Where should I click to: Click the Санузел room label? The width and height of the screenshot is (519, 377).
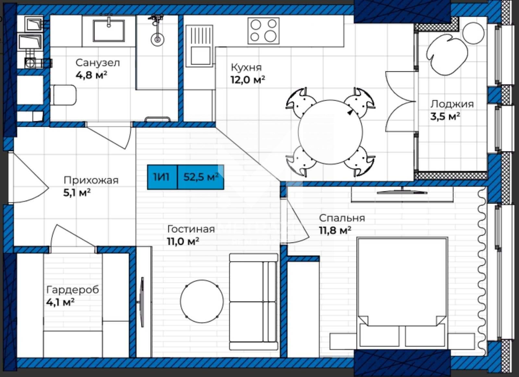pyautogui.click(x=98, y=63)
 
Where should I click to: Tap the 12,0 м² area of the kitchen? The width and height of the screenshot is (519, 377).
pyautogui.click(x=248, y=80)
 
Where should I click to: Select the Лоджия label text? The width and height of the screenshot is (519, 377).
pyautogui.click(x=452, y=104)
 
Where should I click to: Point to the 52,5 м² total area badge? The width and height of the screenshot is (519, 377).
pyautogui.click(x=201, y=177)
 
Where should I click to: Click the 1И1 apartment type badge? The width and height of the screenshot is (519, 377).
pyautogui.click(x=162, y=177)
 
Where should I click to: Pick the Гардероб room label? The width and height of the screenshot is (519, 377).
pyautogui.click(x=73, y=290)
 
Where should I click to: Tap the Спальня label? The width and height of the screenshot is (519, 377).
pyautogui.click(x=342, y=218)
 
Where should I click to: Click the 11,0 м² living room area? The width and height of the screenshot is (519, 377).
pyautogui.click(x=183, y=242)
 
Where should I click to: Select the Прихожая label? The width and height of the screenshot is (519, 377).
pyautogui.click(x=91, y=180)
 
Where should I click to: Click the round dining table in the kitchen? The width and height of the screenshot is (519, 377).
pyautogui.click(x=331, y=132)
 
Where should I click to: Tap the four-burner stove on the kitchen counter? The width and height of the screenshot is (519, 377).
pyautogui.click(x=263, y=31)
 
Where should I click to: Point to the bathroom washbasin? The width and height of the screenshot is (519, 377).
pyautogui.click(x=109, y=31)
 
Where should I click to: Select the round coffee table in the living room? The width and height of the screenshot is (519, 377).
pyautogui.click(x=202, y=301)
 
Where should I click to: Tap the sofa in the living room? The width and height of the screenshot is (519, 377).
pyautogui.click(x=253, y=302)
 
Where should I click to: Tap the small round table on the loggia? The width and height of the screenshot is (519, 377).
pyautogui.click(x=473, y=33)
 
